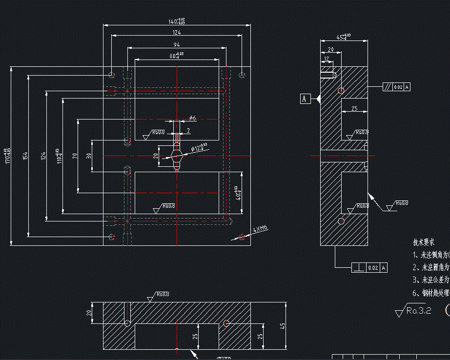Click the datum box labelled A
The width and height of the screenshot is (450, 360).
pyautogui.click(x=306, y=99)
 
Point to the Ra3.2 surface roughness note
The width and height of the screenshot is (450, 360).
pyautogui.click(x=414, y=310)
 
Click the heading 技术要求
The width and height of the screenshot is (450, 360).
pyautogui.click(x=424, y=242)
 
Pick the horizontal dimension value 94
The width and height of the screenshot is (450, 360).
pyautogui.click(x=177, y=44)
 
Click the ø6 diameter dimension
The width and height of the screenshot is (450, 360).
pyautogui.click(x=192, y=118)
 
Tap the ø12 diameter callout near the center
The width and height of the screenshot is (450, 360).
pyautogui.click(x=198, y=146)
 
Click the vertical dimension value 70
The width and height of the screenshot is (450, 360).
pyautogui.click(x=75, y=156)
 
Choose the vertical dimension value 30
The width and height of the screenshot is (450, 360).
pyautogui.click(x=89, y=156)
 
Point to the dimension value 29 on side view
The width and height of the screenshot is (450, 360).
pyautogui.click(x=330, y=50)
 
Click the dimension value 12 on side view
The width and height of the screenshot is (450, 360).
pyautogui.click(x=327, y=59)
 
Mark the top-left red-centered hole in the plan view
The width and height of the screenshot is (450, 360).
pyautogui.click(x=111, y=75)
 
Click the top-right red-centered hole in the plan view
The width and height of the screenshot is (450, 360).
pyautogui.click(x=242, y=75)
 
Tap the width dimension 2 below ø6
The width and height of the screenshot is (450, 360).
pyautogui.click(x=188, y=131)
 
